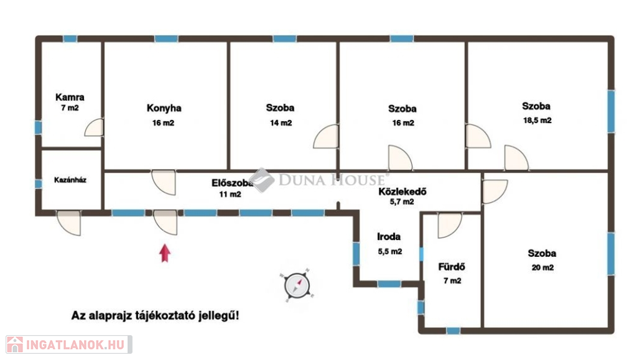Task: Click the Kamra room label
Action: point(70,98)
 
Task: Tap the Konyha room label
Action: point(164,108)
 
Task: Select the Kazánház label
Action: point(70,180)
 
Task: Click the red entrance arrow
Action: point(164,253)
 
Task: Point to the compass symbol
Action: point(297,285)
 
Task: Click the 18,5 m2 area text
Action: point(537,121)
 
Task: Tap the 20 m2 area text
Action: point(542,267)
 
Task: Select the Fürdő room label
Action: point(452,267)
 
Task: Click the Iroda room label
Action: point(389,237)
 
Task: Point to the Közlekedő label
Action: point(402,192)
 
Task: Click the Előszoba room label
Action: point(232,183)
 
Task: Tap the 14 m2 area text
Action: point(281,123)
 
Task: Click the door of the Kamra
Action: point(95,127)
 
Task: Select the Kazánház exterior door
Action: point(69,223)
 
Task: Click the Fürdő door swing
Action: point(450,226)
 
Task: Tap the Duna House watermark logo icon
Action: point(262,180)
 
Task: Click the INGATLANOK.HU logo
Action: point(68,344)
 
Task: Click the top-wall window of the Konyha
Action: point(166,39)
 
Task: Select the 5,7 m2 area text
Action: point(402,201)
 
